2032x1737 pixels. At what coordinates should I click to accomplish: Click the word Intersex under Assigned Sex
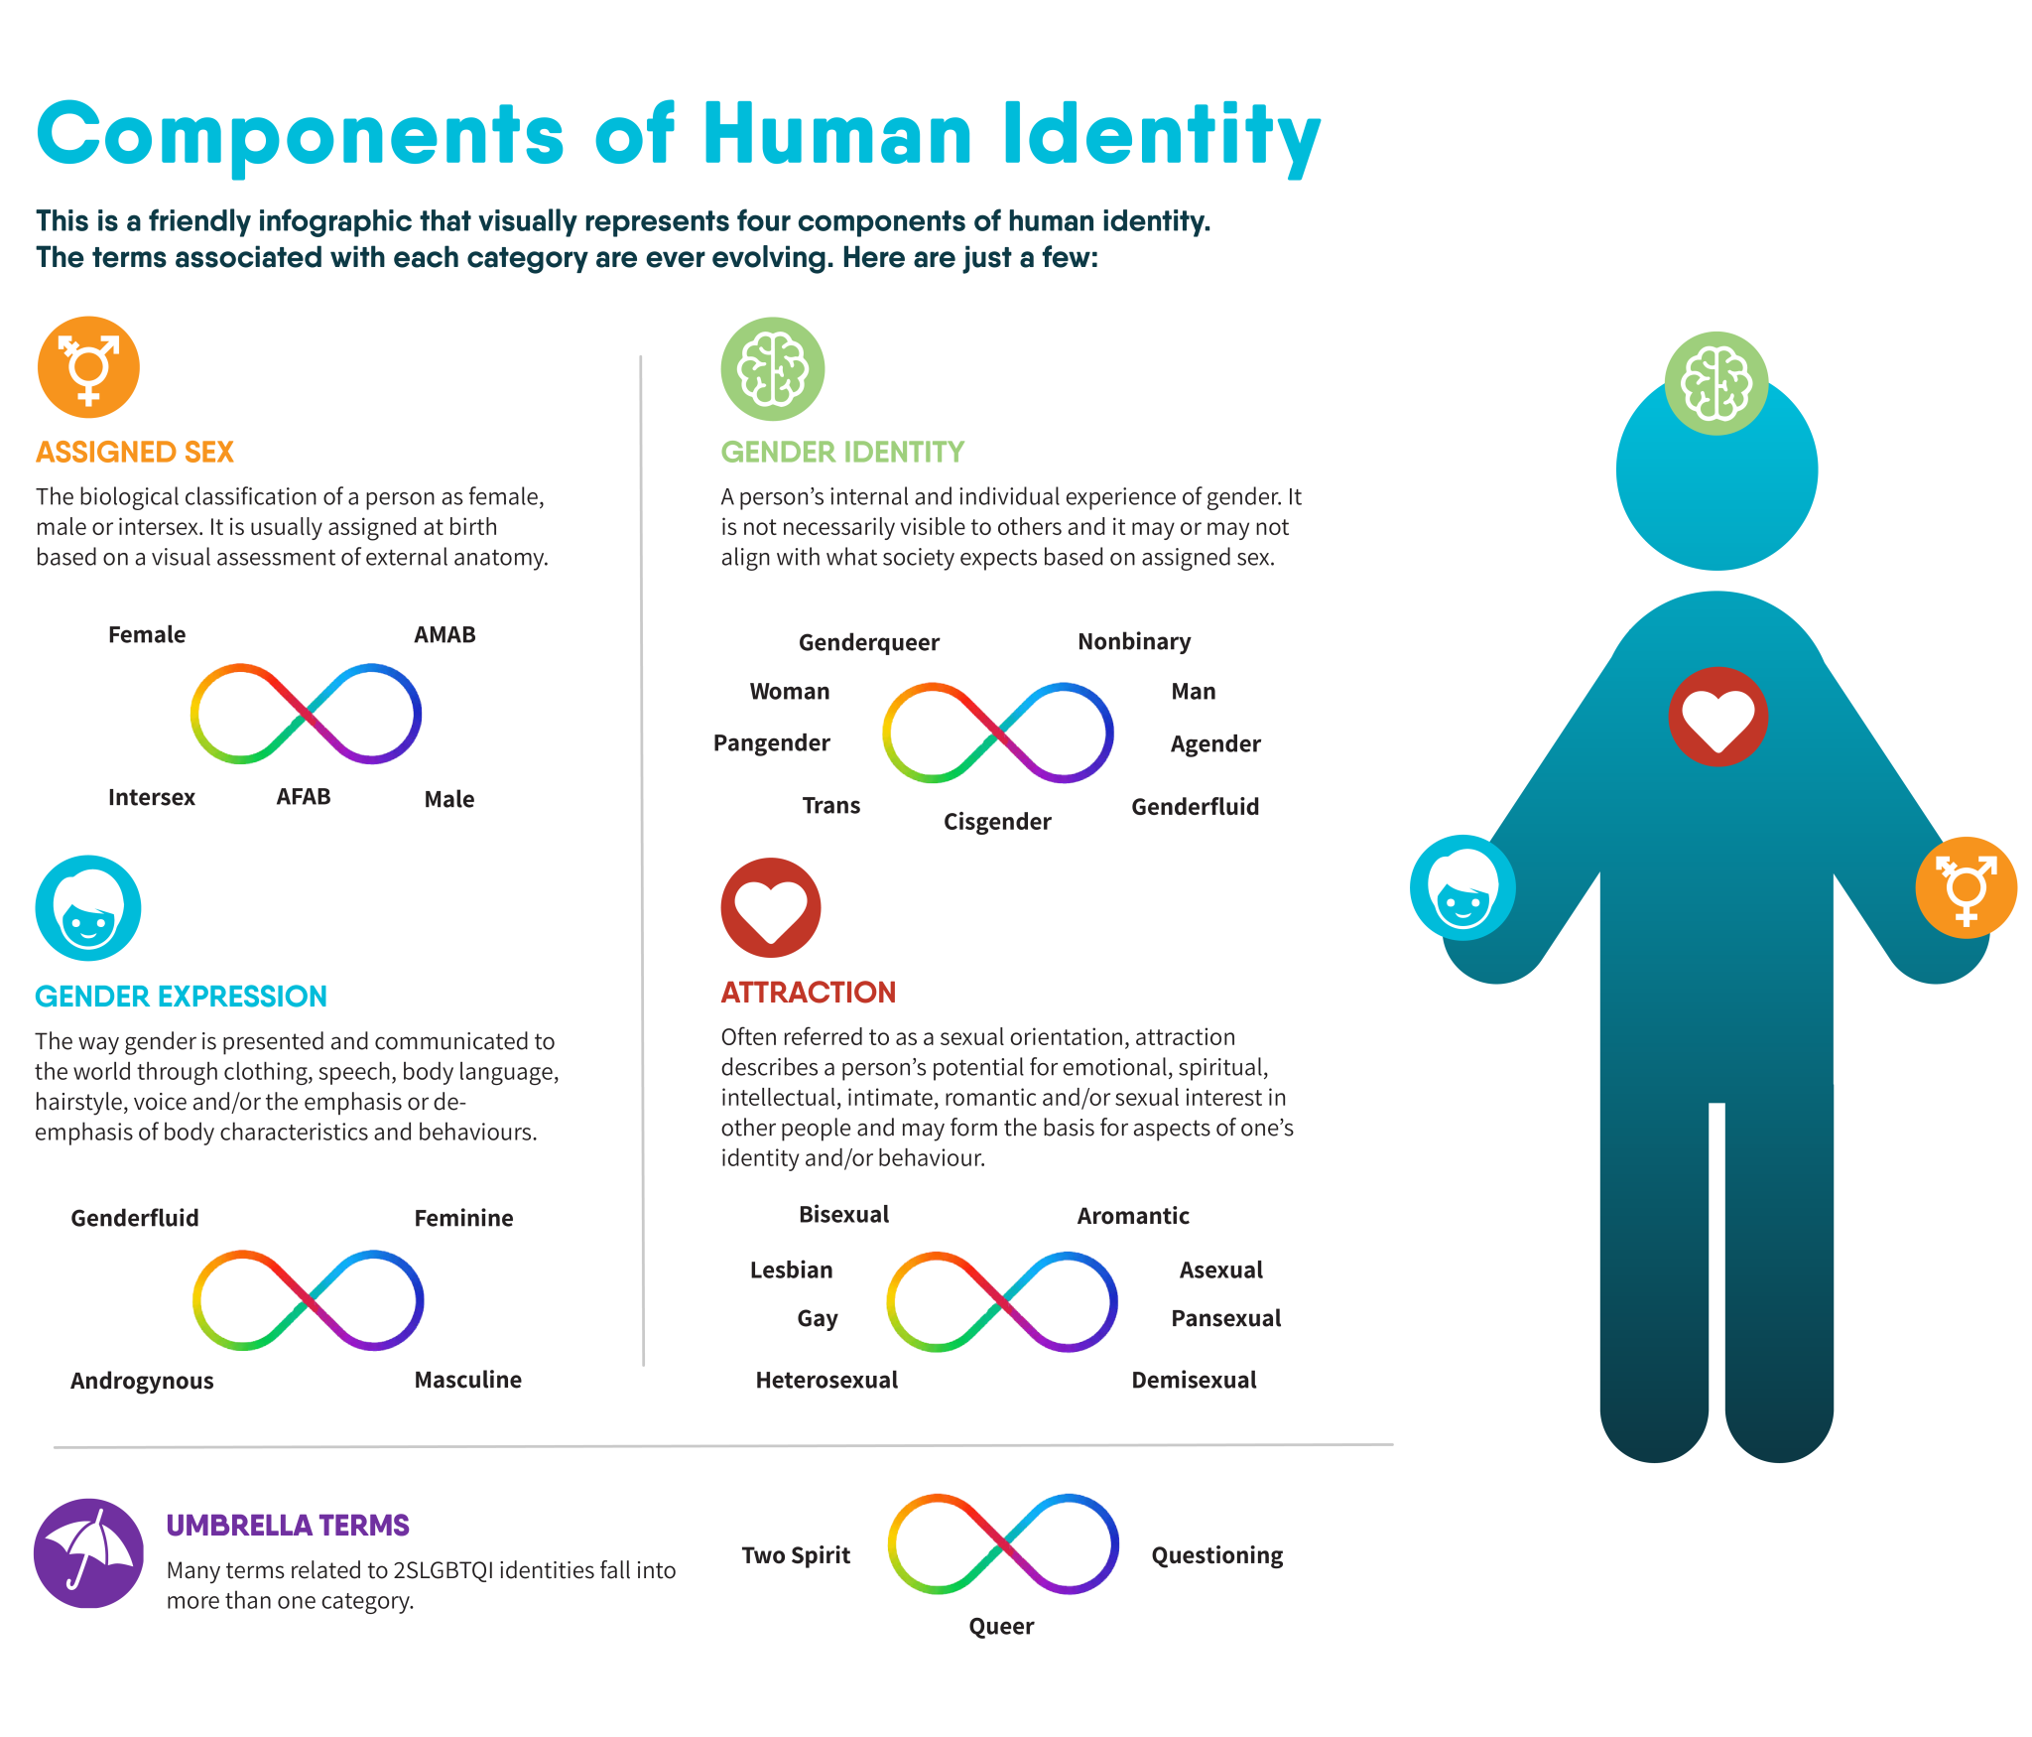pyautogui.click(x=151, y=797)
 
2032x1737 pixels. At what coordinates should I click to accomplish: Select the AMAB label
pyautogui.click(x=444, y=634)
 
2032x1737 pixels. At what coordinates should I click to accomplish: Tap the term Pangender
pyautogui.click(x=771, y=743)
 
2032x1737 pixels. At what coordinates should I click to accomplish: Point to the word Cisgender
pyautogui.click(x=996, y=822)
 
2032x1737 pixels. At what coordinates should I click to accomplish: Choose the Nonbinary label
pyautogui.click(x=1134, y=642)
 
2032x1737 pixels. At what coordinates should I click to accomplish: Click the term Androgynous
pyautogui.click(x=142, y=1381)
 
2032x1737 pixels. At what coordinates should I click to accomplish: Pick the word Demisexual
pyautogui.click(x=1194, y=1380)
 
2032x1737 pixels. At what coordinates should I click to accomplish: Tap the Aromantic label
pyautogui.click(x=1133, y=1216)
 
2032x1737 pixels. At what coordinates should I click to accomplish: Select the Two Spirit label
pyautogui.click(x=796, y=1555)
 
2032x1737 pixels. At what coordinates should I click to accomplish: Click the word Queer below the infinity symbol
pyautogui.click(x=1001, y=1627)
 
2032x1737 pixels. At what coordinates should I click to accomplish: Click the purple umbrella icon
pyautogui.click(x=89, y=1552)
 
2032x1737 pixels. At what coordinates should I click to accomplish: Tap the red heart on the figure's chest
pyautogui.click(x=1717, y=717)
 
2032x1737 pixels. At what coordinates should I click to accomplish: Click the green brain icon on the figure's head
pyautogui.click(x=1716, y=383)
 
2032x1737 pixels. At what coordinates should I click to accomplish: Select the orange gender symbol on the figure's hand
pyautogui.click(x=1966, y=887)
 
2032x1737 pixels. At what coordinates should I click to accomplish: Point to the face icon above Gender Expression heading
pyautogui.click(x=88, y=908)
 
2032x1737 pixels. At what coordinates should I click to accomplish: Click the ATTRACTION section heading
pyautogui.click(x=808, y=993)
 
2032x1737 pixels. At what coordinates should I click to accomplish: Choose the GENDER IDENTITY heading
pyautogui.click(x=842, y=453)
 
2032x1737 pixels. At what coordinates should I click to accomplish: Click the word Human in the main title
pyautogui.click(x=837, y=135)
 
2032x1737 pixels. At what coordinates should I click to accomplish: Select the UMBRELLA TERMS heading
pyautogui.click(x=288, y=1526)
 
